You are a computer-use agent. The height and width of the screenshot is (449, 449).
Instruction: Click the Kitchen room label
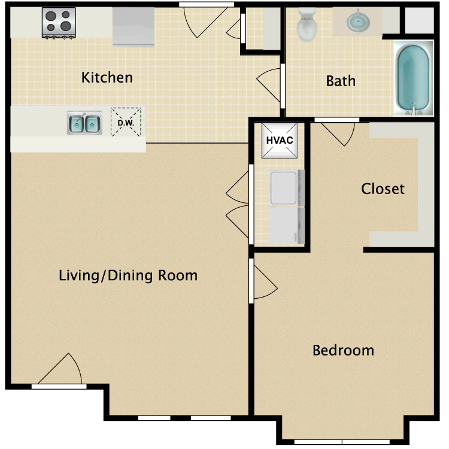[107, 77]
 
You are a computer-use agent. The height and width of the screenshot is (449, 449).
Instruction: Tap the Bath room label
[341, 80]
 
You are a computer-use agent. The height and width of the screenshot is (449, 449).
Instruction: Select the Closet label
[383, 189]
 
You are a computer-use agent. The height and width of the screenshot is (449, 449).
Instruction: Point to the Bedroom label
[343, 350]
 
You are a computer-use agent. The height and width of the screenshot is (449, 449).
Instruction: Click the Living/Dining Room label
[128, 275]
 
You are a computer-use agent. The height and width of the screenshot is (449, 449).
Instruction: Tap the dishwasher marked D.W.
[126, 122]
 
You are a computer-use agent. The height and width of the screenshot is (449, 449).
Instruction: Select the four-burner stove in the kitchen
[59, 22]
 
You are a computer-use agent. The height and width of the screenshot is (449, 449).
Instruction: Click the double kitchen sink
[84, 123]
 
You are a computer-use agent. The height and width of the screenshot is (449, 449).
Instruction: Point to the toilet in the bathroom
[307, 24]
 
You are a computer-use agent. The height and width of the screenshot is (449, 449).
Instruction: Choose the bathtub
[413, 78]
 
